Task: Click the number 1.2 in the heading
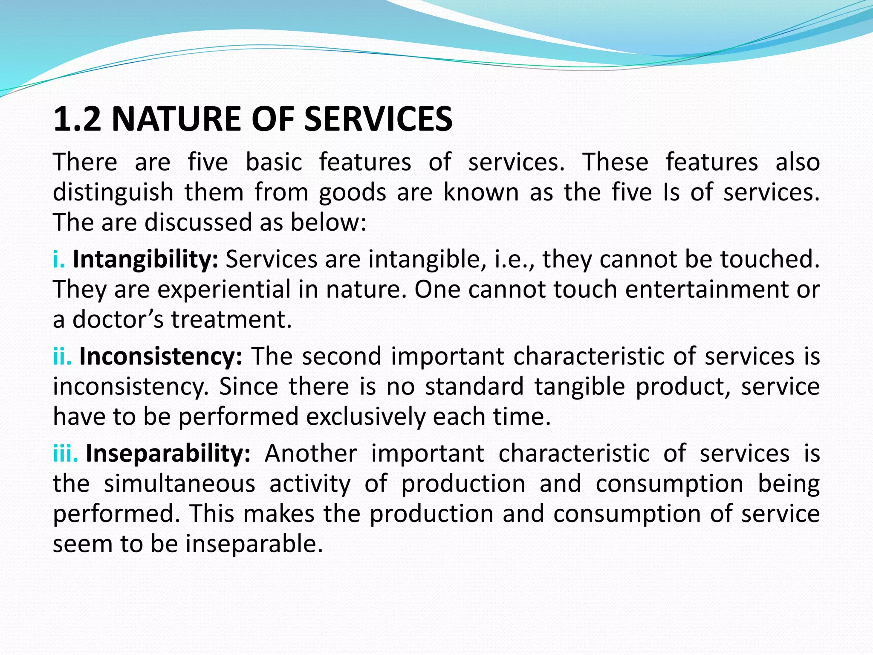(x=77, y=119)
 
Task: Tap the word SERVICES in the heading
(x=378, y=119)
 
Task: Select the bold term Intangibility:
(x=145, y=259)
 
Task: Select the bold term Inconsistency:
(x=161, y=356)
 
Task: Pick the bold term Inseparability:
(x=168, y=453)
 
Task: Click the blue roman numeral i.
(x=59, y=259)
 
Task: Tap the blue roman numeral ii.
(x=62, y=356)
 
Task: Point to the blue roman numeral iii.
(x=65, y=453)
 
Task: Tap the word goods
(x=352, y=193)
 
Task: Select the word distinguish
(x=113, y=193)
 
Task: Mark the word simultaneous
(x=179, y=484)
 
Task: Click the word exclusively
(x=365, y=417)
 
